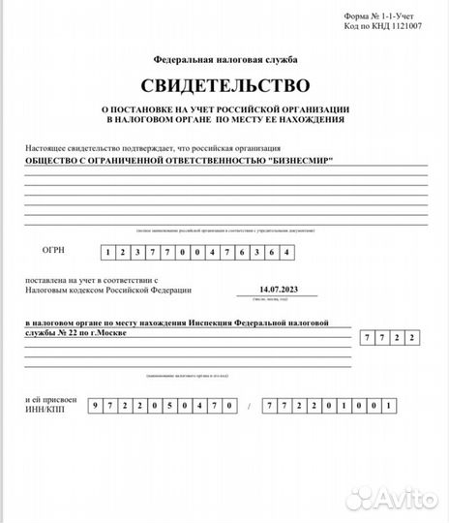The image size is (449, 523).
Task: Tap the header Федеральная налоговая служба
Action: pos(224,59)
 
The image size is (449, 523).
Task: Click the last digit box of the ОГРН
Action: pos(284,252)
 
